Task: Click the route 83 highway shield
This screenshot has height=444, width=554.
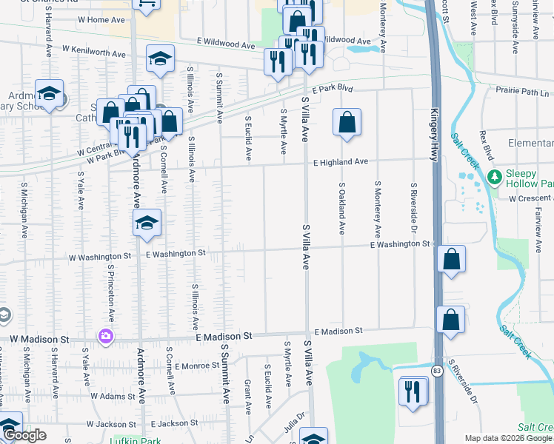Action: (438, 370)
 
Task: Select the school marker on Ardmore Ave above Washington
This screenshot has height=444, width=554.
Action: (147, 223)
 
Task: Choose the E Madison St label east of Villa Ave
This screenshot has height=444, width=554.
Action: (338, 332)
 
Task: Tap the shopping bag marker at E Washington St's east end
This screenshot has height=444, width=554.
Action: (451, 260)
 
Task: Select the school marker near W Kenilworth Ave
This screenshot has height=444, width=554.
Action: (159, 60)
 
